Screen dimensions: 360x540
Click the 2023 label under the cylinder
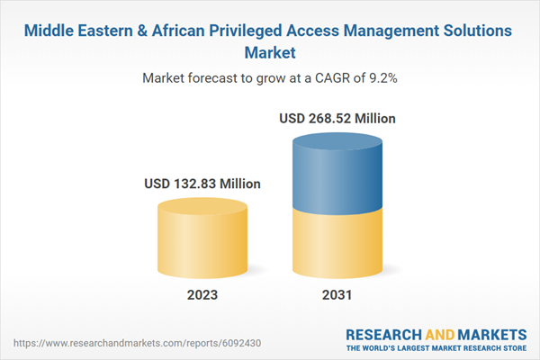pos(202,295)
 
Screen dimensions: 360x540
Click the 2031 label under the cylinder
pos(338,295)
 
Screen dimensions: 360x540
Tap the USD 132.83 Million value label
pos(202,184)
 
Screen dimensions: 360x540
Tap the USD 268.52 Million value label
pos(337,118)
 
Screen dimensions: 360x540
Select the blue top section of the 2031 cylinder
pos(338,175)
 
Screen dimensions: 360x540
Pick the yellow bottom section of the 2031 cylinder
pos(338,243)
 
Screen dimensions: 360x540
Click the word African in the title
pos(183,31)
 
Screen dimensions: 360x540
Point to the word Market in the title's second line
pos(270,52)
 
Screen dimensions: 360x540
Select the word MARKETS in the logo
pos(491,333)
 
